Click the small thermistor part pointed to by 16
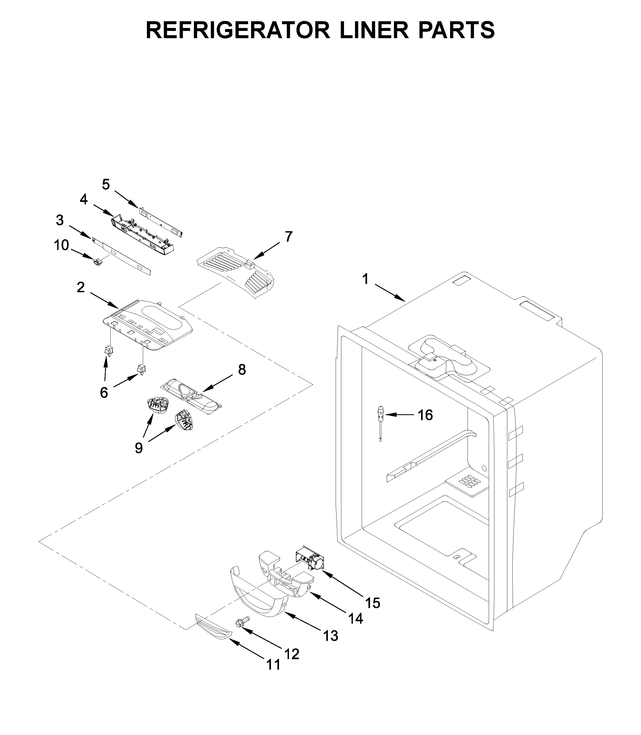pos(381,419)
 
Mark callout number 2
pos(81,287)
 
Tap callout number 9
pos(139,448)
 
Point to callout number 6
pos(104,393)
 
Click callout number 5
pos(106,185)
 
